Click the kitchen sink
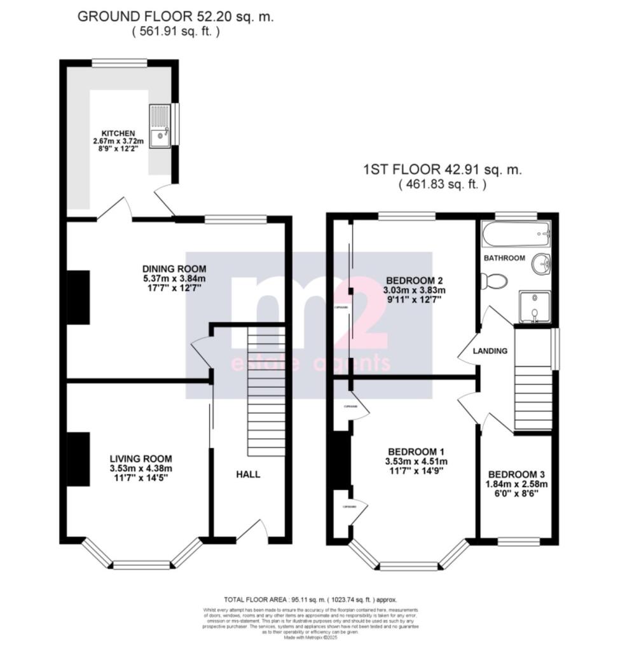tap(160, 126)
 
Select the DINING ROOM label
tap(174, 268)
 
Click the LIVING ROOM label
tap(141, 458)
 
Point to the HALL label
tap(248, 474)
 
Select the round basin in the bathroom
tap(541, 263)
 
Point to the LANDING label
tap(490, 350)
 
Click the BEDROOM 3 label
tap(516, 474)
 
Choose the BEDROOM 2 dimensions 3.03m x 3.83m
tap(414, 291)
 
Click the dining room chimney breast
tap(78, 298)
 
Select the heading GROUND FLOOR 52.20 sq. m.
tap(175, 17)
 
